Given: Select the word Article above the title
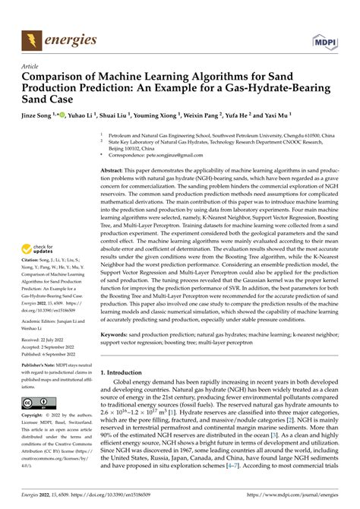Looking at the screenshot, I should tap(31, 67).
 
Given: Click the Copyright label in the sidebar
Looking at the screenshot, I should tap(36, 416).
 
